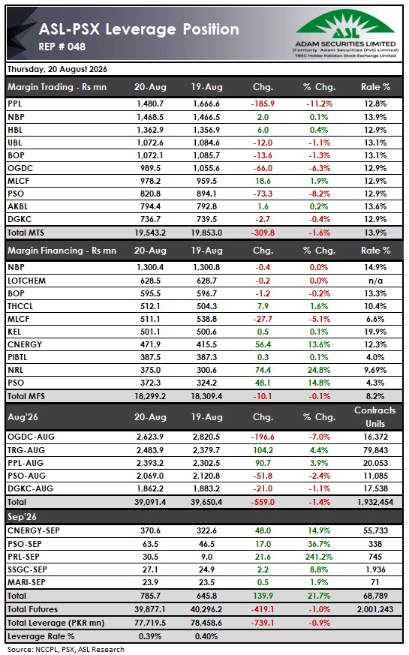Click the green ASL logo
[x=345, y=25]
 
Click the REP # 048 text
[x=62, y=47]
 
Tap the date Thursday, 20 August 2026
[x=57, y=69]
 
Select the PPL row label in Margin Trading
[x=14, y=104]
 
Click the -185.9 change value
[x=263, y=104]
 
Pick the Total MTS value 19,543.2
[x=150, y=233]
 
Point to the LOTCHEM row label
[x=27, y=281]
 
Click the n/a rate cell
[x=375, y=281]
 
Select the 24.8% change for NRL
[x=319, y=370]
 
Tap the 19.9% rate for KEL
[x=375, y=332]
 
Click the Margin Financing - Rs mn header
[x=62, y=251]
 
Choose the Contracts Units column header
[x=374, y=417]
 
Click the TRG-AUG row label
[x=26, y=450]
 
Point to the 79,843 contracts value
[x=375, y=450]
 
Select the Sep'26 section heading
[x=23, y=517]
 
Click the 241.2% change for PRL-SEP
[x=319, y=557]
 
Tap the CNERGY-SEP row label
[x=34, y=531]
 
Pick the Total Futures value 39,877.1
[x=150, y=609]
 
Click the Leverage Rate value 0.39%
[x=150, y=637]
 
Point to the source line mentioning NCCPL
[x=66, y=650]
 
